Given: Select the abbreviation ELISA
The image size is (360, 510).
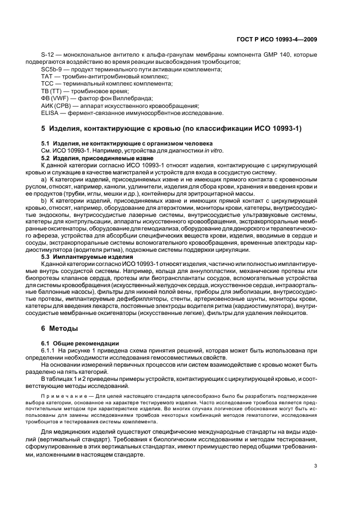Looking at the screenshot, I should (51, 113).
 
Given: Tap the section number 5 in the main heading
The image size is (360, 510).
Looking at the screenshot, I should (44, 129).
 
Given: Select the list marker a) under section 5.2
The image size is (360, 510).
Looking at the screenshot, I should (44, 179).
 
